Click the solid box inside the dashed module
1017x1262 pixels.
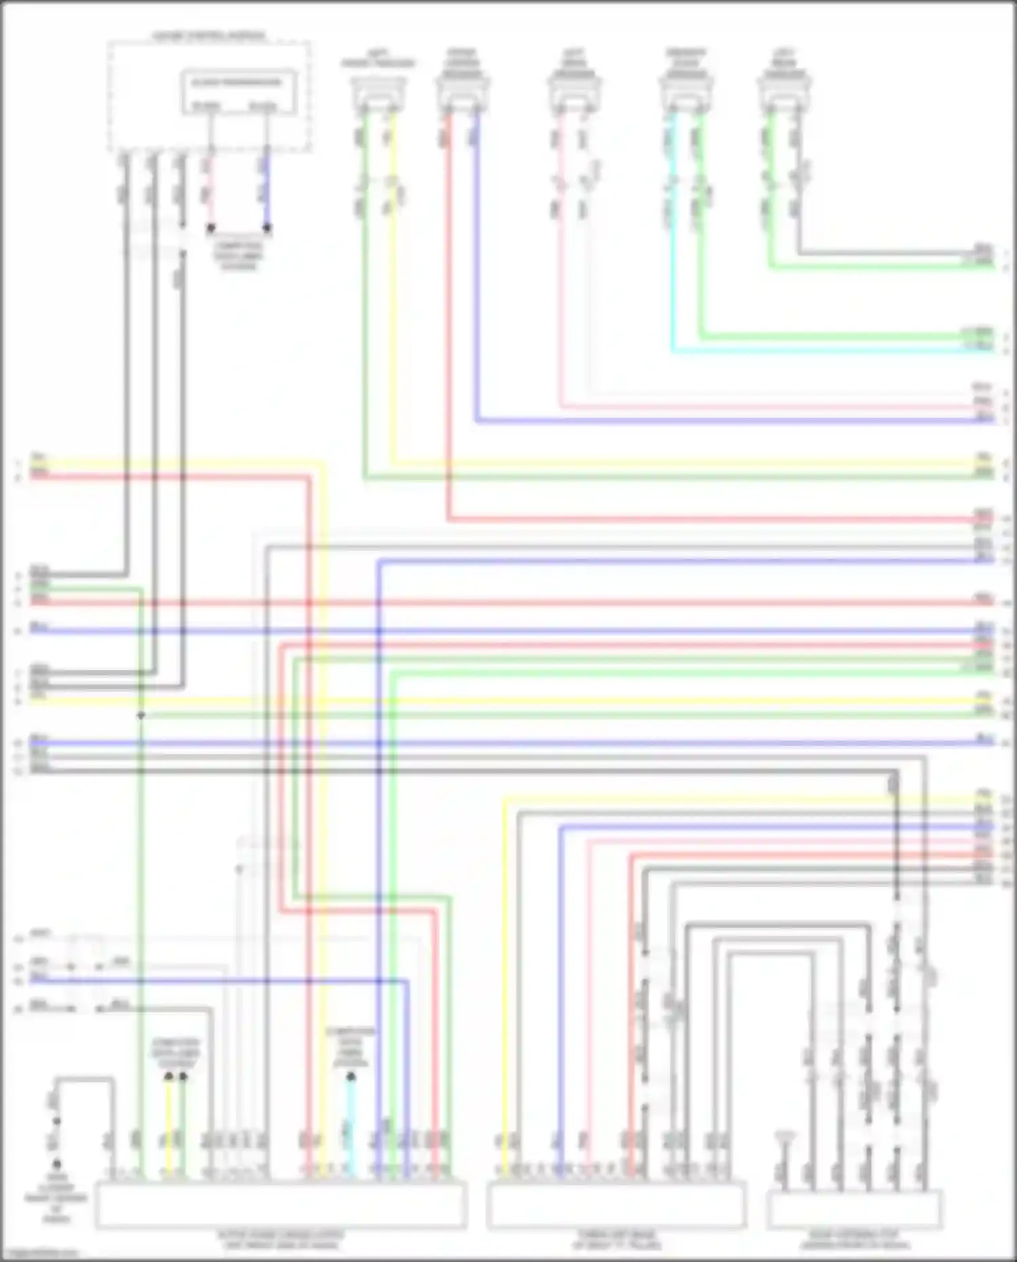pos(238,92)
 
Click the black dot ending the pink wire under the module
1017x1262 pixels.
pos(211,229)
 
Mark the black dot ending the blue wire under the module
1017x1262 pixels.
pos(267,229)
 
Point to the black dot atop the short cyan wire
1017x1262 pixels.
pos(351,1076)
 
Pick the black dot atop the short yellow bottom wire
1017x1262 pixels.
pos(168,1076)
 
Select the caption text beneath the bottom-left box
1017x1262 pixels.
pos(281,1240)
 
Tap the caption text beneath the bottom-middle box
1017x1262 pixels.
pos(616,1240)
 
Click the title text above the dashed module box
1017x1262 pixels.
pos(208,35)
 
